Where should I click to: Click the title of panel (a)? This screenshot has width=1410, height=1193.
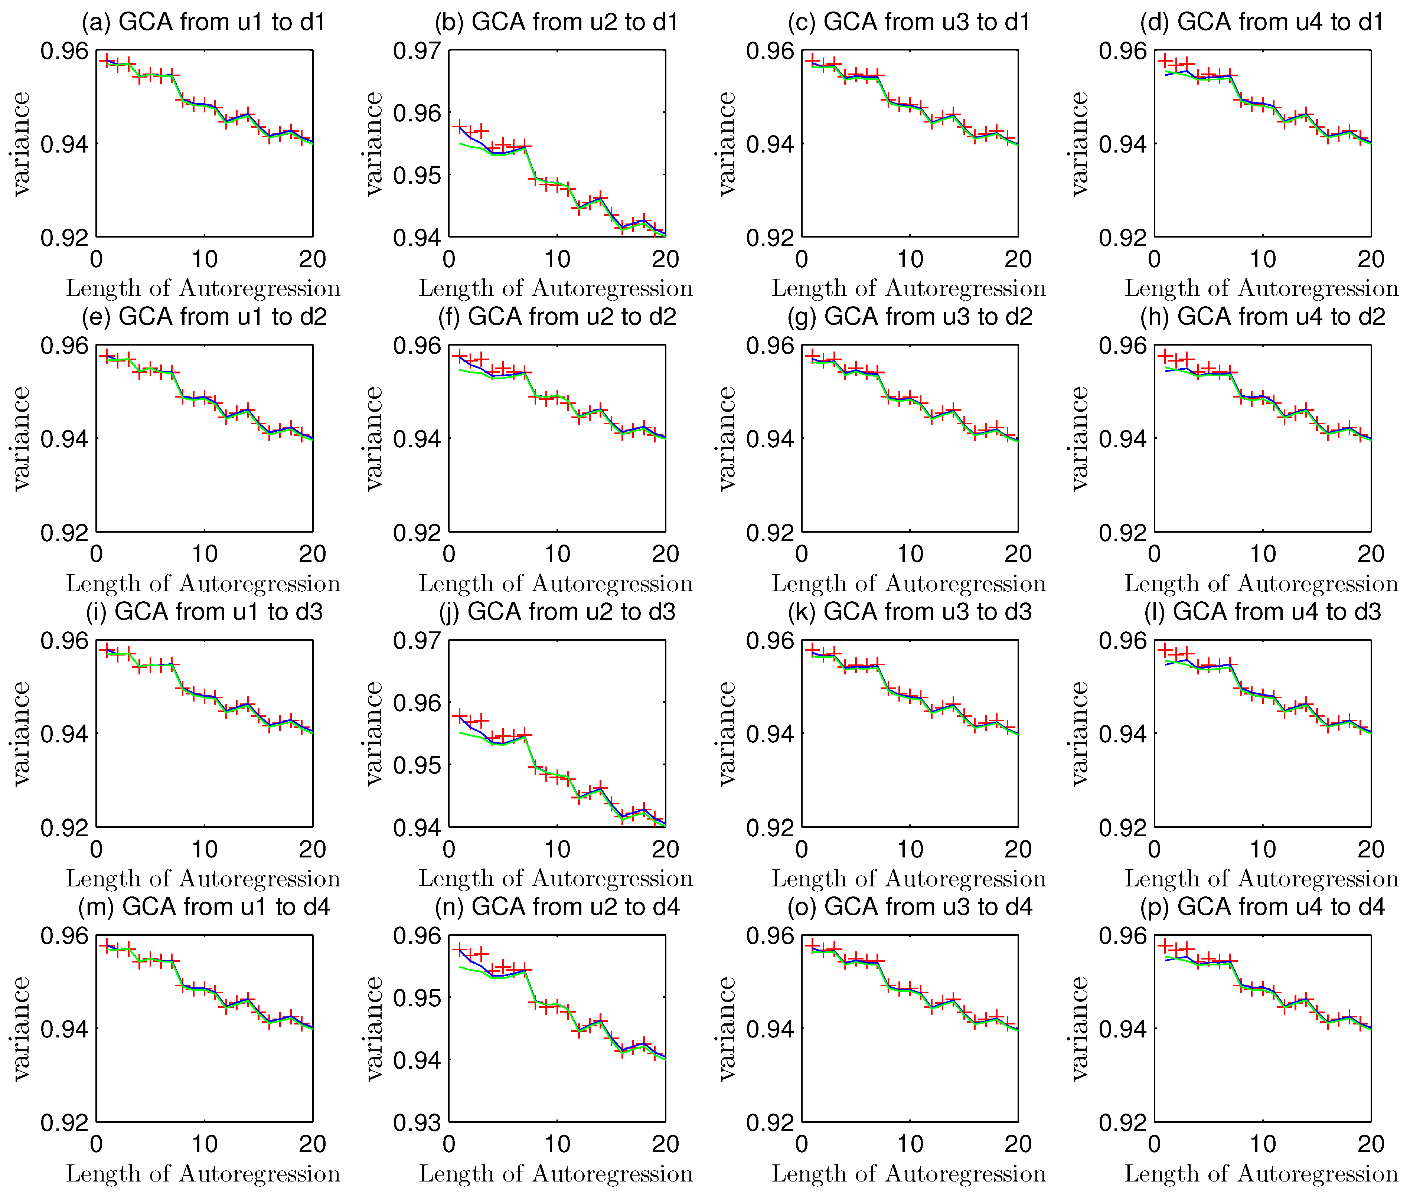pos(203,22)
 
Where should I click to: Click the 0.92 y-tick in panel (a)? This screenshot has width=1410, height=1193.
pos(64,238)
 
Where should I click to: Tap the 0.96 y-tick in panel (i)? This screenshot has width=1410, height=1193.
pos(64,640)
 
